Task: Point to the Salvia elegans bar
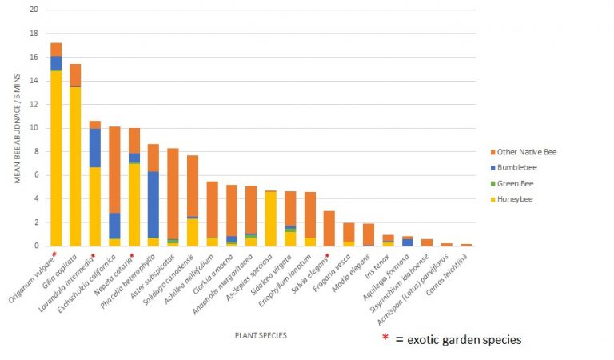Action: [x=328, y=228]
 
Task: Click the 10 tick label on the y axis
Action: [x=32, y=128]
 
